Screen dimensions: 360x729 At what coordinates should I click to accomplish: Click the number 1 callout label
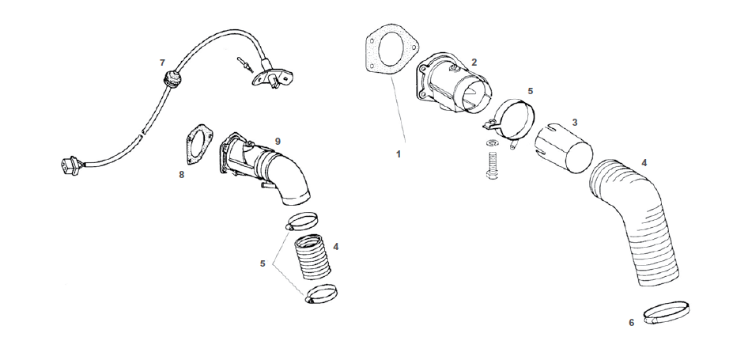pyautogui.click(x=399, y=153)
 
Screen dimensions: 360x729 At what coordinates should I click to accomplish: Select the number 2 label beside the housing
pyautogui.click(x=474, y=62)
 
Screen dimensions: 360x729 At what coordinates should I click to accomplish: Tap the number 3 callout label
pyautogui.click(x=575, y=122)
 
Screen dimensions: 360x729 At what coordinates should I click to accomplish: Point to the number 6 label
pyautogui.click(x=631, y=322)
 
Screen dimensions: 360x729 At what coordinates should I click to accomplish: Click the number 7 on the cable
pyautogui.click(x=162, y=62)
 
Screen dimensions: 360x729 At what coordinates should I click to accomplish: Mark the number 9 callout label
pyautogui.click(x=278, y=140)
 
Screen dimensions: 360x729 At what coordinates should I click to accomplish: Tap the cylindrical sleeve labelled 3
pyautogui.click(x=564, y=148)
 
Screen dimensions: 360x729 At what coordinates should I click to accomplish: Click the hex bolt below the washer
pyautogui.click(x=492, y=165)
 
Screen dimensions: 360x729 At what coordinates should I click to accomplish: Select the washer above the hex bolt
pyautogui.click(x=493, y=142)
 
